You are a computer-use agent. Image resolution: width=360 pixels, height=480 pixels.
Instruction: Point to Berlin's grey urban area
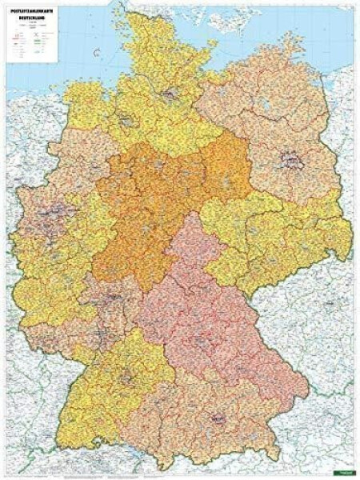[289, 162]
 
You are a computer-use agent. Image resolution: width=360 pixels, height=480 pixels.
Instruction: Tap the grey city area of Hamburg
[170, 94]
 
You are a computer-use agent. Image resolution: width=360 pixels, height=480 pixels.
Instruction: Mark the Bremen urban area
[126, 122]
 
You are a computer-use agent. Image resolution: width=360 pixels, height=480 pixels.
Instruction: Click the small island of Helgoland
[97, 53]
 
